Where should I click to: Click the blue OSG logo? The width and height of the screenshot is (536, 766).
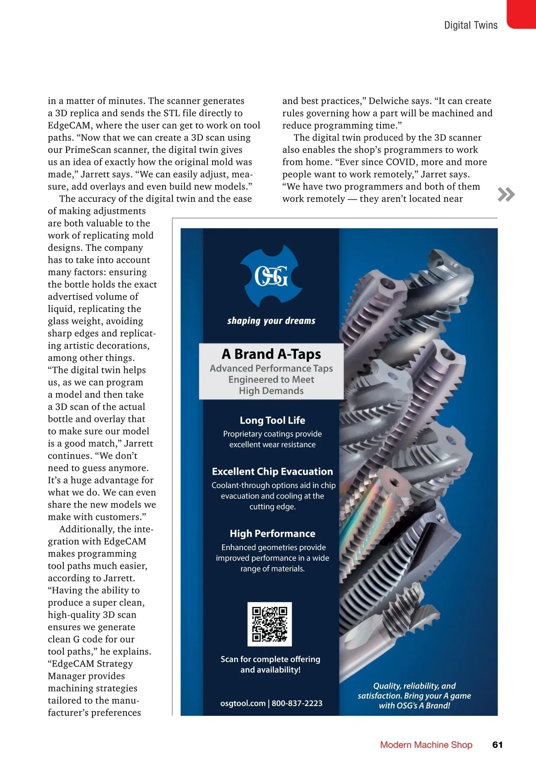tap(271, 276)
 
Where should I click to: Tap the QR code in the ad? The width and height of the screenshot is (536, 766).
tap(269, 624)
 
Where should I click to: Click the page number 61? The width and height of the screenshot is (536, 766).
tap(497, 745)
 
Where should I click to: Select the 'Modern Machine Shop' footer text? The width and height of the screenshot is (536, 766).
tap(426, 745)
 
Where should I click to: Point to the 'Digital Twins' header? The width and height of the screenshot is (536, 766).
tap(470, 25)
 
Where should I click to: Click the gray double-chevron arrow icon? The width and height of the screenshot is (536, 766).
tap(506, 194)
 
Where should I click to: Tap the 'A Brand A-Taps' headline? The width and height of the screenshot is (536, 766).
tap(271, 354)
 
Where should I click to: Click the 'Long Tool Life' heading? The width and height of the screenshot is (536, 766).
tap(272, 420)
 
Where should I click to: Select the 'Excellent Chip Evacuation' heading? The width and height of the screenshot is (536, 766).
tap(272, 471)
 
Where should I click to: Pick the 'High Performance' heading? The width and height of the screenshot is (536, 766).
tap(272, 534)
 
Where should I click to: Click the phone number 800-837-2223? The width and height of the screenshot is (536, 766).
tap(297, 703)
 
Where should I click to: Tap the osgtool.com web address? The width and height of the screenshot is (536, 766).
tap(243, 703)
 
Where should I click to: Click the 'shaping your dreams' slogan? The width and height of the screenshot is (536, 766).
tap(271, 320)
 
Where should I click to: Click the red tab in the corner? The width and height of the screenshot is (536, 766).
tap(521, 13)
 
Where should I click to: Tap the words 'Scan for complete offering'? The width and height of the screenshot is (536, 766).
tap(270, 659)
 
